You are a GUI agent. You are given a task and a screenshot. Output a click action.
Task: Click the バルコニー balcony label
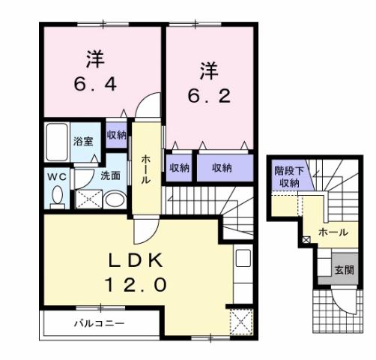tap(98, 324)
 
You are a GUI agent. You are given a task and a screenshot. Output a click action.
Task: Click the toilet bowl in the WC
tap(58, 196)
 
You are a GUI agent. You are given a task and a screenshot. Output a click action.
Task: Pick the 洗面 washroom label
tap(110, 176)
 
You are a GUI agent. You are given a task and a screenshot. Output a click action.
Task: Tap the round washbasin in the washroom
tap(114, 200)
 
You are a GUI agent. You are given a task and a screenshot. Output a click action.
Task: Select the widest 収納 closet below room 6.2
tap(221, 167)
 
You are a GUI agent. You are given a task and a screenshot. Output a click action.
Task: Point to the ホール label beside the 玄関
tap(333, 232)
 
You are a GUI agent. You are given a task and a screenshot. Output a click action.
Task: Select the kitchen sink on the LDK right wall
tap(243, 260)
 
